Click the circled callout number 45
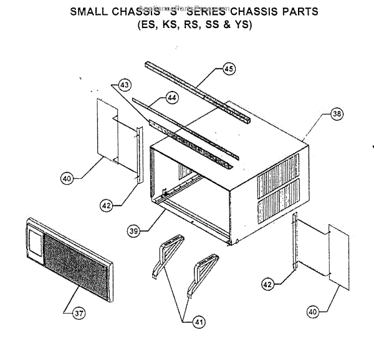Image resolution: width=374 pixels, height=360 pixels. (x=229, y=70)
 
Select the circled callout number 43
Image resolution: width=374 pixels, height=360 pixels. (x=126, y=85)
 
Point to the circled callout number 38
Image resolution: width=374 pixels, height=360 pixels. (x=337, y=115)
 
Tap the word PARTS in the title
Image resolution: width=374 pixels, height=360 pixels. (x=299, y=11)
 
